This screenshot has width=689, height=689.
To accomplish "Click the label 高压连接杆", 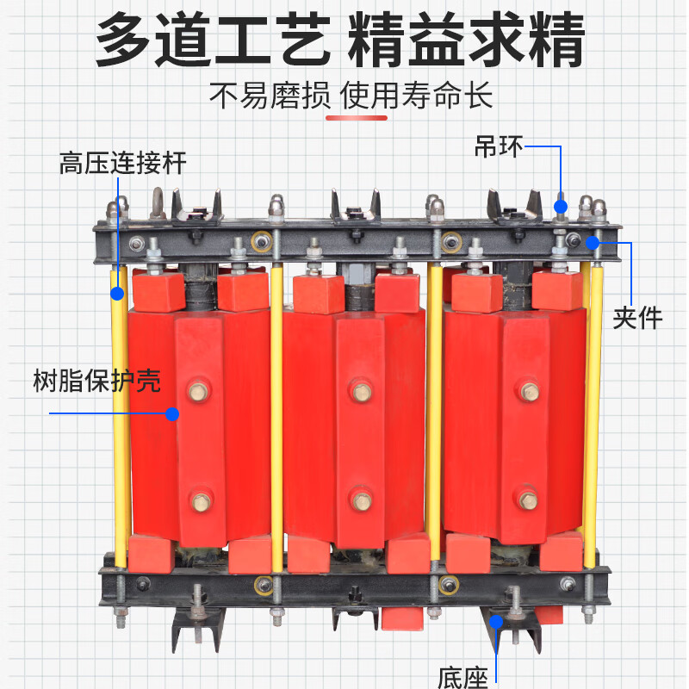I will coord(122,163).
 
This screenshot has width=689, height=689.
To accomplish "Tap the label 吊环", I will coord(498,146).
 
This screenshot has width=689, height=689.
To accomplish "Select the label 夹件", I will coord(637,317).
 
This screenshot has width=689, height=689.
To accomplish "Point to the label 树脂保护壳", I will coord(96,381).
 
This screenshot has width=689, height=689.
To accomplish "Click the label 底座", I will coord(462,676).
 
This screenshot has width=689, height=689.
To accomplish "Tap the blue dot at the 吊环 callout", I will coord(561,206).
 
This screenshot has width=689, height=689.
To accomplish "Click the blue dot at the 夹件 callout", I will coord(593,243).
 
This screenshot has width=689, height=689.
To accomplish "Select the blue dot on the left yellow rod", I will coord(117,294).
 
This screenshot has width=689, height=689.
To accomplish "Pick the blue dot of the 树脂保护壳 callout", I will coord(172,414).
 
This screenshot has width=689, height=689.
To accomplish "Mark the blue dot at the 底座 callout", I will coord(497,621).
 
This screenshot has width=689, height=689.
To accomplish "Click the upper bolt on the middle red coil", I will coord(362,392).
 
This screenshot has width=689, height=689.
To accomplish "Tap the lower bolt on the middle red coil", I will coord(362,500).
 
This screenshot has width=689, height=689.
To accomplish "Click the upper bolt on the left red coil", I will coord(199,392).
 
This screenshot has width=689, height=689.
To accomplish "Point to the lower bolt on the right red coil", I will coord(526,498).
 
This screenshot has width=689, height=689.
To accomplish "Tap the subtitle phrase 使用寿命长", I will coord(417,95).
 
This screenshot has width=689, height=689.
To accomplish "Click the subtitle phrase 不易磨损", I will coord(270,95).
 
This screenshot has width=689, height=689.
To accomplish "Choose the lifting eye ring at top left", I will coord(158,202).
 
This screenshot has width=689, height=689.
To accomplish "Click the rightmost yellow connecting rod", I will coord(593,413).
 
